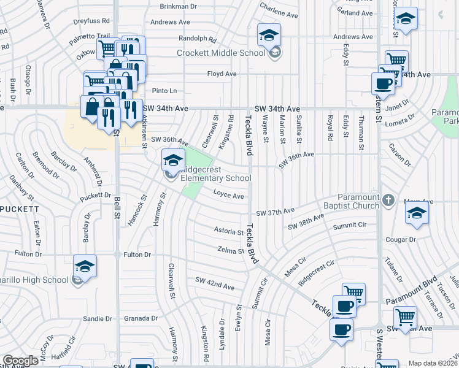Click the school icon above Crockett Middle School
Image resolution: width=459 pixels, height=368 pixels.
pos(269,37)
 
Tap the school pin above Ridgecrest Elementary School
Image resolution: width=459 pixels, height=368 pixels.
pos(174,161)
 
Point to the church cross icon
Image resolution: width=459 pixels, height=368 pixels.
pos(388,200)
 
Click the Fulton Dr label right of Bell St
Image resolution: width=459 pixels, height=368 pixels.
pos(137,255)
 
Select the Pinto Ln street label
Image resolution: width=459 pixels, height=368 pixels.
pos(164,91)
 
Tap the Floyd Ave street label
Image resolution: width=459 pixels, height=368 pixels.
pos(222,74)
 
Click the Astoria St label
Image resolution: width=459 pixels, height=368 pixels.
pos(228,231)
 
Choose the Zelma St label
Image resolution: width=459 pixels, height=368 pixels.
pos(231,250)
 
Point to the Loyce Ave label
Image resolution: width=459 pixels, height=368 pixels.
pos(228,196)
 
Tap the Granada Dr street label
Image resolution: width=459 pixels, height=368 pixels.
pos(141,318)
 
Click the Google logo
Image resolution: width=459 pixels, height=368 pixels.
pos(20,361)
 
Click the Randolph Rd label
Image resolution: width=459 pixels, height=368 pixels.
pos(198,38)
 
